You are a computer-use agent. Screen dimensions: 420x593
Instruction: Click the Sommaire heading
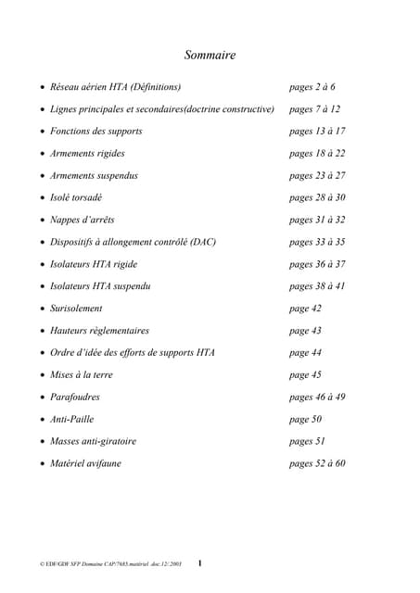210,56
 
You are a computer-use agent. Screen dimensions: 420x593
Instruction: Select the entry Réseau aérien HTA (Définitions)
115,87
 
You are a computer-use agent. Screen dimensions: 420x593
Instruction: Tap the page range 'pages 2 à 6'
312,87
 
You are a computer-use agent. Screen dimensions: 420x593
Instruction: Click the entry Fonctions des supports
96,132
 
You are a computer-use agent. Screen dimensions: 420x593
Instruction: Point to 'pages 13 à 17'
317,132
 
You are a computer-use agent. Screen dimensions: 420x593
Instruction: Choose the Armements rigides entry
87,154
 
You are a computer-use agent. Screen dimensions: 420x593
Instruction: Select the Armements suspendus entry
94,176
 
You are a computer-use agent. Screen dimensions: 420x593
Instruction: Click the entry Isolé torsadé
76,197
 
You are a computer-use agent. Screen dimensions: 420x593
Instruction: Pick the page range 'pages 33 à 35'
317,242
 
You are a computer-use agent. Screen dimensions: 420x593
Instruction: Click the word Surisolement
76,309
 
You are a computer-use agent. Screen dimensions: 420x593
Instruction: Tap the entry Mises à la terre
87,375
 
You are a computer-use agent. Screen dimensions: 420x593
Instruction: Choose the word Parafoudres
75,397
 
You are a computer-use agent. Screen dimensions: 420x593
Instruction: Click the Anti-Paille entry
71,420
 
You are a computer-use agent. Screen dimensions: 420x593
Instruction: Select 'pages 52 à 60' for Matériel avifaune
317,463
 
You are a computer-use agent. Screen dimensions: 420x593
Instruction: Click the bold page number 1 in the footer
200,562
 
